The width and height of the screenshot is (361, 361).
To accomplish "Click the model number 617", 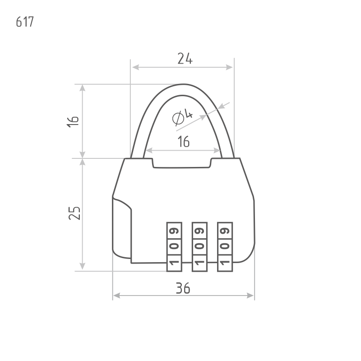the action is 25,22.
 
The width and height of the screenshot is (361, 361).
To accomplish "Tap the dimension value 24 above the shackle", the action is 185,59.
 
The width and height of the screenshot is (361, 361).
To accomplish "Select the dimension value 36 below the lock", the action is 183,288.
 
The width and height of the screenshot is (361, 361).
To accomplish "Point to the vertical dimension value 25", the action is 74,213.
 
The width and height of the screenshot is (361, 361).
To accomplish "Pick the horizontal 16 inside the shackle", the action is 184,141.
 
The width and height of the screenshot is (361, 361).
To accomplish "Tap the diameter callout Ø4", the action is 182,118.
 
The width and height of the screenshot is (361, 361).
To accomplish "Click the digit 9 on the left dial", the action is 174,231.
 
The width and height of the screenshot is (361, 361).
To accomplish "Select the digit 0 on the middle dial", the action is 199,246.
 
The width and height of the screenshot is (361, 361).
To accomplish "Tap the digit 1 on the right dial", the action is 225,263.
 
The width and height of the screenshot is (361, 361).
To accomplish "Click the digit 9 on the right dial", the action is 225,231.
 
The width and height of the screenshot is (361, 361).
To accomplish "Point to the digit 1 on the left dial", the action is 174,263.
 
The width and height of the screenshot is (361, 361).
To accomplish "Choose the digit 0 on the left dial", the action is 174,246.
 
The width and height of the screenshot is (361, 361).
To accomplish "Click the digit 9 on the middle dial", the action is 199,231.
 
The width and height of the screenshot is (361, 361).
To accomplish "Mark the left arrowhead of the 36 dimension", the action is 117,296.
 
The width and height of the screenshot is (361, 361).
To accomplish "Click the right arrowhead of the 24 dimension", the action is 229,67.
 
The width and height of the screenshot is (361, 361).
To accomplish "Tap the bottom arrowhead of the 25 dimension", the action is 82,266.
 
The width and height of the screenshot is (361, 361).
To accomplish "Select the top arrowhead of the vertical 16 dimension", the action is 82,88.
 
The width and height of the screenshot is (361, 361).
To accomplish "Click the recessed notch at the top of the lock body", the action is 182,163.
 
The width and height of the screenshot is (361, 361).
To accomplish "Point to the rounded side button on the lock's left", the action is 122,228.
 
